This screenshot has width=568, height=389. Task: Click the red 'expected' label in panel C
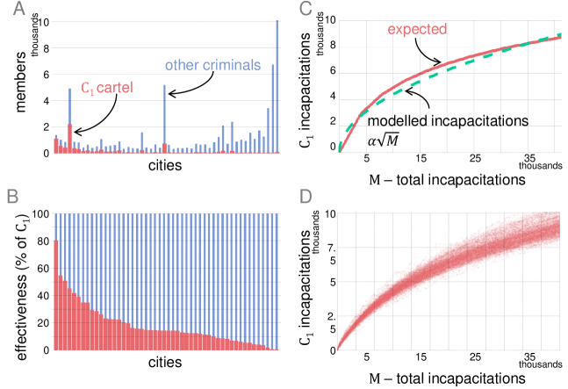(415, 31)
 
